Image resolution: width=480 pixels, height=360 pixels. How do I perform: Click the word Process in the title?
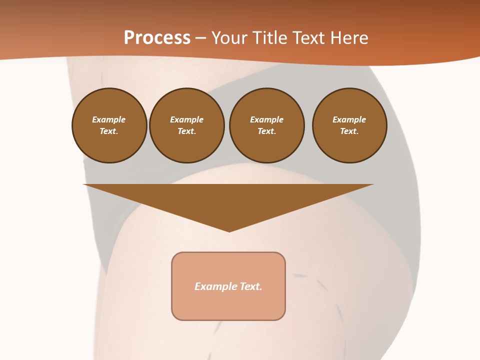coord(157,37)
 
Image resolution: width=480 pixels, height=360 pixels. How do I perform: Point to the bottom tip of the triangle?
coord(229,231)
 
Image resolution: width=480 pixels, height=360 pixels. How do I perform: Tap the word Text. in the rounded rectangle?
coord(251,286)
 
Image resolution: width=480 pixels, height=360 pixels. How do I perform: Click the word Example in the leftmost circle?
coord(109,119)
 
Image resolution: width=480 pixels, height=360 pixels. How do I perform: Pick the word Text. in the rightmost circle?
coord(349,131)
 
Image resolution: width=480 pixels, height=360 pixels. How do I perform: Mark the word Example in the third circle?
coord(266,119)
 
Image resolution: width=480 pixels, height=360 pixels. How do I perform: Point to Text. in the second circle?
coord(186,131)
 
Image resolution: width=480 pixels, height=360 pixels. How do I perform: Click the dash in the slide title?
coord(200,38)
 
